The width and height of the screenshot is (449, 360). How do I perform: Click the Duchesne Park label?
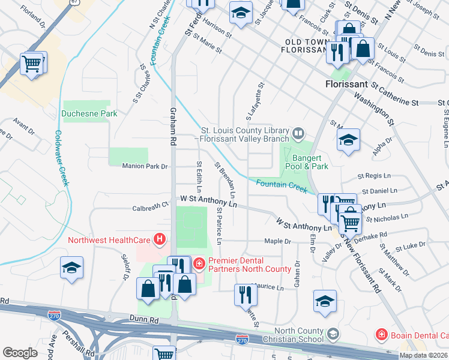(x=89, y=113)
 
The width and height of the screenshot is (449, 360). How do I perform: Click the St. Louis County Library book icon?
(x=298, y=132)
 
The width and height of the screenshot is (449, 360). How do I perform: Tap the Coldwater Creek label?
(x=62, y=159)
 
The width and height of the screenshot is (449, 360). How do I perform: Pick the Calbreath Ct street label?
(x=150, y=206)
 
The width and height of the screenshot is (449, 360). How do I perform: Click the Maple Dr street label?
(x=277, y=241)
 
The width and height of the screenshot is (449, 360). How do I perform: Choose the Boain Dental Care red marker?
(x=380, y=334)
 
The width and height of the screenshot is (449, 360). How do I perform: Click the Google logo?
(x=20, y=353)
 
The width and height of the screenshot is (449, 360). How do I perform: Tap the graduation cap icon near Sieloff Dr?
(x=71, y=267)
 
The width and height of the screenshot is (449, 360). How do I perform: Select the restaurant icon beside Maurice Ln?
(x=244, y=295)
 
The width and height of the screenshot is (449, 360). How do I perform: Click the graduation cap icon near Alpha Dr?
(x=348, y=140)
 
